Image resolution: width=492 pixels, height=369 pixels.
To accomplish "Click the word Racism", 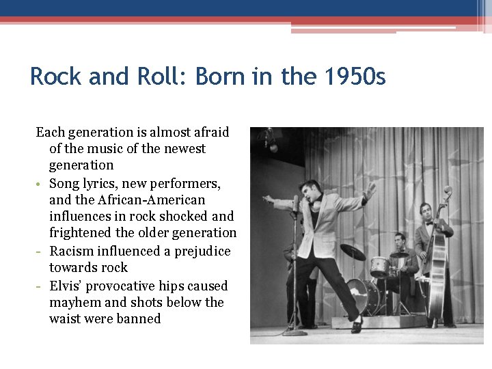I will [72, 251].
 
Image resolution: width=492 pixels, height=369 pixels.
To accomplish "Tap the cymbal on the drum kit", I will [353, 251].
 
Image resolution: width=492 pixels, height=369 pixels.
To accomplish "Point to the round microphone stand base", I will [295, 333].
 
